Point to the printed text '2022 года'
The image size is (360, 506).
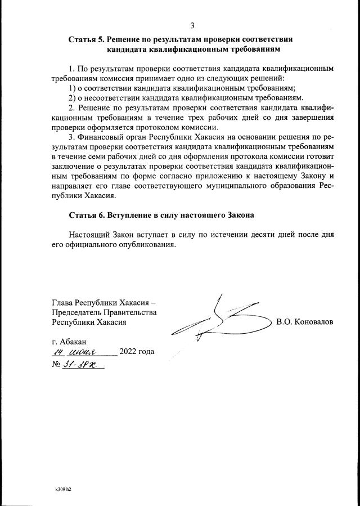[x=137, y=353]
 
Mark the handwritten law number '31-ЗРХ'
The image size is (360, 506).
[x=82, y=365]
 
